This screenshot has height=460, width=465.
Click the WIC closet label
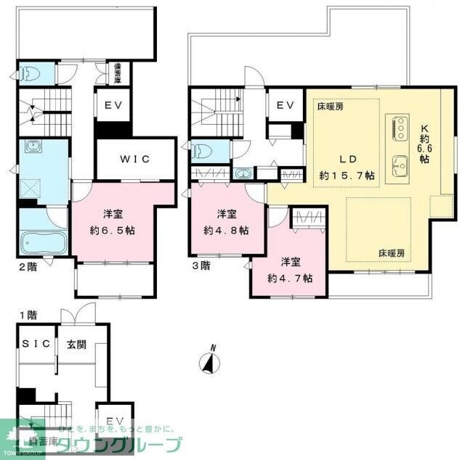point(136,160)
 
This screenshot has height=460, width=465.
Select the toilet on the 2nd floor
point(28,73)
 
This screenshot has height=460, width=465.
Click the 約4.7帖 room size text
point(290,278)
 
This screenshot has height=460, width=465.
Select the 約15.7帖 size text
point(347,176)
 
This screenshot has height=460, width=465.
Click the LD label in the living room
point(346,158)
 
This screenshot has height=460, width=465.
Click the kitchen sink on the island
point(400,165)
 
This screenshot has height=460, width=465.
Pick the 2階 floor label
point(27,266)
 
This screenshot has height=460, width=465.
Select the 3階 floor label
point(201,266)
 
